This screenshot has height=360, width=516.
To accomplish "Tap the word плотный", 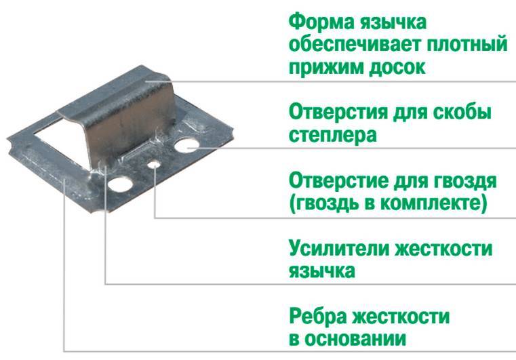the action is [x=467, y=44].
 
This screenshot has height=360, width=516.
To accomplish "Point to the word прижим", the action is [x=325, y=68].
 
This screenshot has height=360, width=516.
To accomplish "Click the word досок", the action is [x=397, y=68].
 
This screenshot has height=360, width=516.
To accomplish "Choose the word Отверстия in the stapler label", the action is [x=338, y=113].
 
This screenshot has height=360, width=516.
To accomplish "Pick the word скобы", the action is [x=462, y=113].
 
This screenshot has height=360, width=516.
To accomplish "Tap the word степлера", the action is [x=333, y=136].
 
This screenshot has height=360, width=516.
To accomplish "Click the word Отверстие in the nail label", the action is [x=338, y=180].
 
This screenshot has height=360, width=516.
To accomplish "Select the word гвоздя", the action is [x=467, y=181].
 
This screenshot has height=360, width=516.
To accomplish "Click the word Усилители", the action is [x=338, y=249].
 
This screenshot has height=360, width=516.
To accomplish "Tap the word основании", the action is [x=355, y=339].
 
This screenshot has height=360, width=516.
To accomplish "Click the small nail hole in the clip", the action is [x=154, y=165].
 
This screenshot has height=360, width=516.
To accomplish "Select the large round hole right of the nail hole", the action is [x=186, y=146].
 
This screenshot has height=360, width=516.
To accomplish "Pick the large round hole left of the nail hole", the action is [x=120, y=184].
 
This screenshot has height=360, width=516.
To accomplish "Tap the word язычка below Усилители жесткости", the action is [x=322, y=271].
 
